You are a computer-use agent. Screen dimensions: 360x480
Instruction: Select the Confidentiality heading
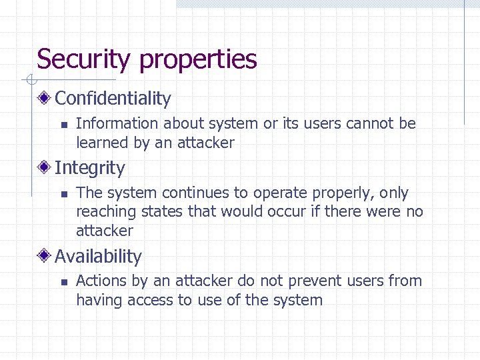click(x=113, y=99)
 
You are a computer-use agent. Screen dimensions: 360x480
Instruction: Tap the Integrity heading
click(x=89, y=168)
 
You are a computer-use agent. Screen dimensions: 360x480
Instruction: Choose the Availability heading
click(x=98, y=257)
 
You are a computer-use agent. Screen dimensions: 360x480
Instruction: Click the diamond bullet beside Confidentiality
click(x=45, y=99)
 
